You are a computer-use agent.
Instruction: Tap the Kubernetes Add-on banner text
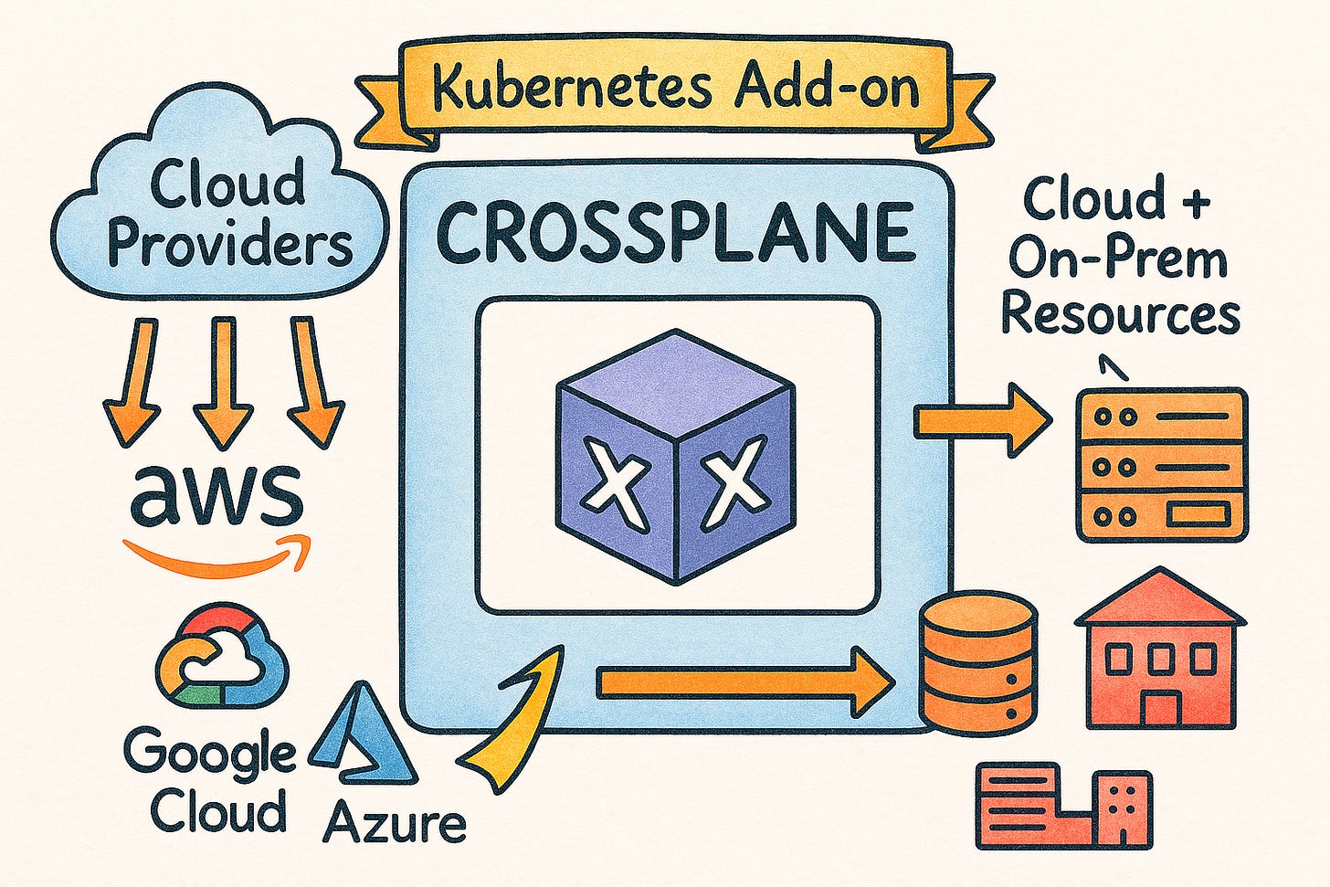tap(676, 89)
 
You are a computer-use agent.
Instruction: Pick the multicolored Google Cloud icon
tap(221, 655)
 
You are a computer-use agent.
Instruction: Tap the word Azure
tap(395, 823)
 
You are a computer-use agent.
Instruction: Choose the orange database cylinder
tap(977, 661)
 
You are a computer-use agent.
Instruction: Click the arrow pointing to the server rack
tap(982, 421)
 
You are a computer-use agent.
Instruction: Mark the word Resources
tap(1121, 315)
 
